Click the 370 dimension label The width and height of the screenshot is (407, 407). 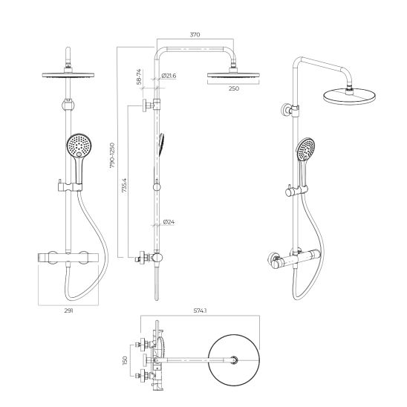click(x=195, y=34)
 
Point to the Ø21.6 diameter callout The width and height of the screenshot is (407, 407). click(x=169, y=76)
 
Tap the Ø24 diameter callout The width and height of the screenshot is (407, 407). click(x=169, y=221)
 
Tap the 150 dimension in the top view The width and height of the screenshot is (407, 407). click(x=126, y=359)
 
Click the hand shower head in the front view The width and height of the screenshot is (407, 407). click(x=76, y=148)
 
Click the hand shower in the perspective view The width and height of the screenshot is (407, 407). click(x=304, y=152)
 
